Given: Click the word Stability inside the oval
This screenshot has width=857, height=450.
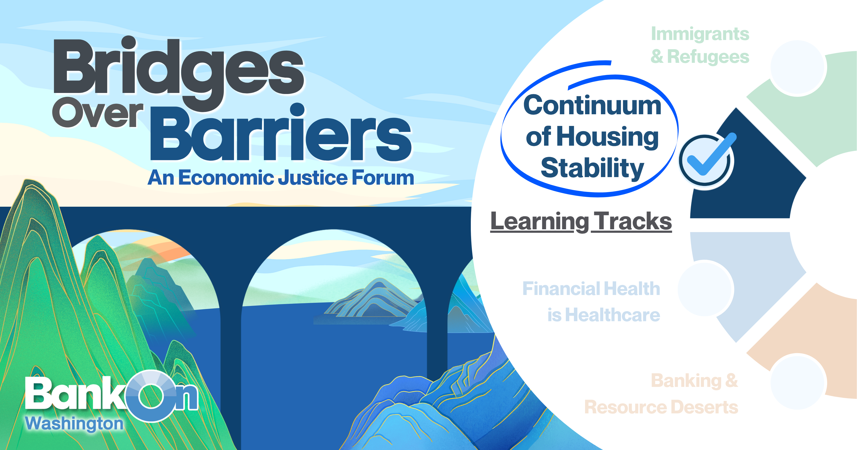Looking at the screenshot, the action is coord(592,168).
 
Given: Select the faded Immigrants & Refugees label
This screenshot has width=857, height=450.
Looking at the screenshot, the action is coord(700,45).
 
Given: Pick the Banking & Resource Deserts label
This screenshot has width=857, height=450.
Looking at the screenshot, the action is coord(661,394).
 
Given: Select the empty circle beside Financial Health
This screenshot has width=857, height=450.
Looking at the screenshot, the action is coord(706,288).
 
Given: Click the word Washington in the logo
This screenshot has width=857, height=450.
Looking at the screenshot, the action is coord(74,424).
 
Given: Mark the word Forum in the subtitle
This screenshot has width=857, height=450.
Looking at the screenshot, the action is coord(383,178).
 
